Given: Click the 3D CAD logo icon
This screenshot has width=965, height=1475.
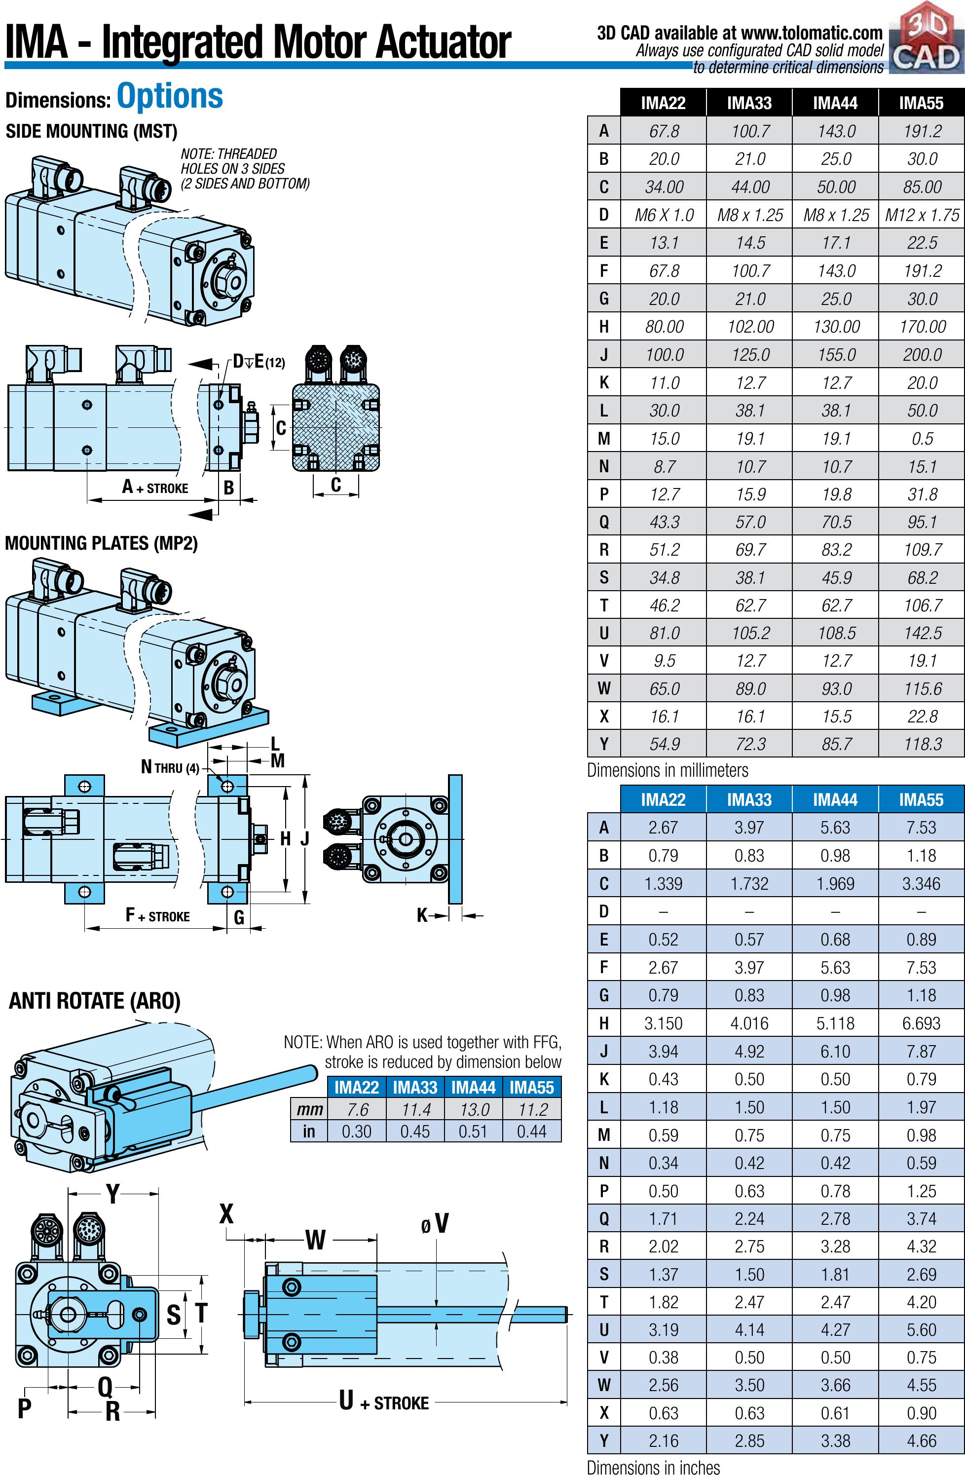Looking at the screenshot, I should (x=926, y=40).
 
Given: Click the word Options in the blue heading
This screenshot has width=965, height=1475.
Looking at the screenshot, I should (x=170, y=97).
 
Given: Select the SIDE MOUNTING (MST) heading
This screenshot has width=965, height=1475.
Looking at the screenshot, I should (x=91, y=131).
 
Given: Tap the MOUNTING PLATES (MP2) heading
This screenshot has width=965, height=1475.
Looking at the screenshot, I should (x=101, y=543).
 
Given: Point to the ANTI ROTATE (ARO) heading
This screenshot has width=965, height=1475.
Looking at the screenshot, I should (x=94, y=1001).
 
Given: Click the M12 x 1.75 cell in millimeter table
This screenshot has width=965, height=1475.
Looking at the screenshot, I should (x=922, y=215).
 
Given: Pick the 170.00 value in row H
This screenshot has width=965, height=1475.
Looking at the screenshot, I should (x=922, y=327).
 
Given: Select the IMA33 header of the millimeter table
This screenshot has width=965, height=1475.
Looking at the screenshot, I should (x=749, y=103).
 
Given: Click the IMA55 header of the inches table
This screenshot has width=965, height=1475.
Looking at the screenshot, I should (x=921, y=799).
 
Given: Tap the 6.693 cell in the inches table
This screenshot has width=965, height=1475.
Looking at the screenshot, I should (x=921, y=1023).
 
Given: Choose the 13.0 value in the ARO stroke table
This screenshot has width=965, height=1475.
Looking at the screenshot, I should (x=474, y=1109).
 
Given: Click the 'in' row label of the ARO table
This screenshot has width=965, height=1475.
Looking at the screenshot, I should (x=309, y=1132).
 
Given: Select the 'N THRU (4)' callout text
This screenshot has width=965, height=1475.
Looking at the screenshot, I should (x=170, y=768).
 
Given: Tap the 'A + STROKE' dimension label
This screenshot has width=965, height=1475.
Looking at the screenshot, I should (x=155, y=487).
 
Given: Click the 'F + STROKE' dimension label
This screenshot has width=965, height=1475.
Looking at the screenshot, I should (x=157, y=915).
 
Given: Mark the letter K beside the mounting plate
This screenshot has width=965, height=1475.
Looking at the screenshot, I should (x=423, y=915).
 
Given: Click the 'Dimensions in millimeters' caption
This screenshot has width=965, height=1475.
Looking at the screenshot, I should (x=668, y=770).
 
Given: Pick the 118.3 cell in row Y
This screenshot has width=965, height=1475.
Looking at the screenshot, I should (x=922, y=744).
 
